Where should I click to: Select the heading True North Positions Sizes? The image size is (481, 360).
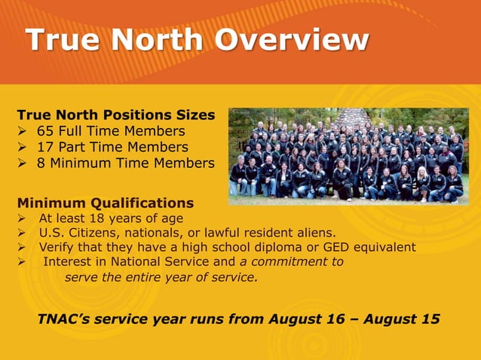click(x=115, y=115)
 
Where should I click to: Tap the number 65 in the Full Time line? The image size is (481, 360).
click(x=45, y=131)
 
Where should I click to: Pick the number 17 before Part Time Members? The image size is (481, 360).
click(x=45, y=147)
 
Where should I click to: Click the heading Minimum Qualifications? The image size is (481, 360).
click(x=105, y=203)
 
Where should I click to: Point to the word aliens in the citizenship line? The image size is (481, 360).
click(x=318, y=233)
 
